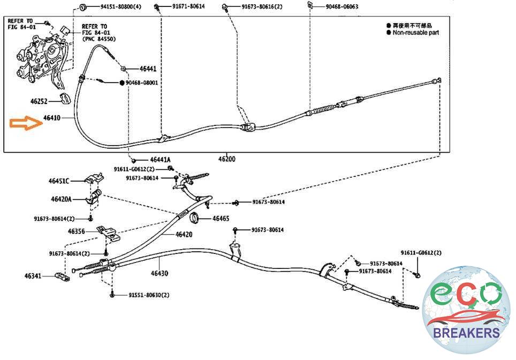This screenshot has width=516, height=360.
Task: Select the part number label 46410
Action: pyautogui.click(x=52, y=117)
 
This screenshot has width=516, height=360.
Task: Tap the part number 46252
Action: pyautogui.click(x=39, y=100)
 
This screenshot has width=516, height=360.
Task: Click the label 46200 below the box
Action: pyautogui.click(x=226, y=159)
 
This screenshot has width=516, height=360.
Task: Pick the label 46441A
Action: pyautogui.click(x=160, y=160)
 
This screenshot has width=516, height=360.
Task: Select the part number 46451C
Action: pyautogui.click(x=59, y=181)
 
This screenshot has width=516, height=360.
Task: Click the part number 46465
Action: pyautogui.click(x=221, y=219)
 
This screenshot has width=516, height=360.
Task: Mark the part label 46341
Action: pyautogui.click(x=33, y=276)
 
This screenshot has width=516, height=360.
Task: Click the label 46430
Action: pyautogui.click(x=159, y=273)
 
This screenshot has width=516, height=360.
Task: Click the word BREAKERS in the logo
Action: pyautogui.click(x=467, y=333)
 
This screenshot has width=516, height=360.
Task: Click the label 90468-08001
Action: pyautogui.click(x=142, y=83)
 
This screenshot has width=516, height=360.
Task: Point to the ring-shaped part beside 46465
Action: pyautogui.click(x=195, y=217)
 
